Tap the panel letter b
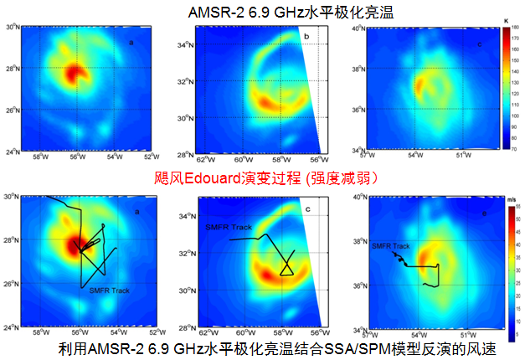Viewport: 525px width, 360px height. coord(306,37)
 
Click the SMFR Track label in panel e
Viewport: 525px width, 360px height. coord(390,246)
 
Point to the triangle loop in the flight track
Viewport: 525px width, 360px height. coord(286,266)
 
